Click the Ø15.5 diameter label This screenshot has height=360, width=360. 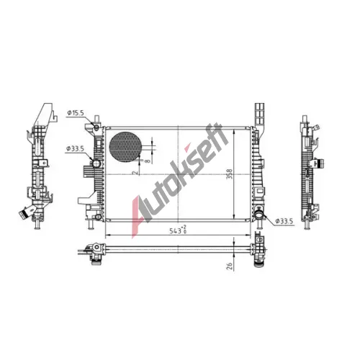point(76,113)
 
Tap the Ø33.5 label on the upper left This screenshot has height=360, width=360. point(75,149)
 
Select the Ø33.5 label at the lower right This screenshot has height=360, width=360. point(284,221)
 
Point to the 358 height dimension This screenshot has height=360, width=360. point(230,174)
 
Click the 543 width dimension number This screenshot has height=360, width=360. point(176,231)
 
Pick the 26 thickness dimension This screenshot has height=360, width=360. point(230,266)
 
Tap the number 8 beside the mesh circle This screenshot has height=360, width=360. point(148,161)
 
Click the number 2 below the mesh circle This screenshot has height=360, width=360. point(135,172)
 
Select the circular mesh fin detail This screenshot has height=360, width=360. point(125,147)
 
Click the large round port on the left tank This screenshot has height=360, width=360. point(96,163)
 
